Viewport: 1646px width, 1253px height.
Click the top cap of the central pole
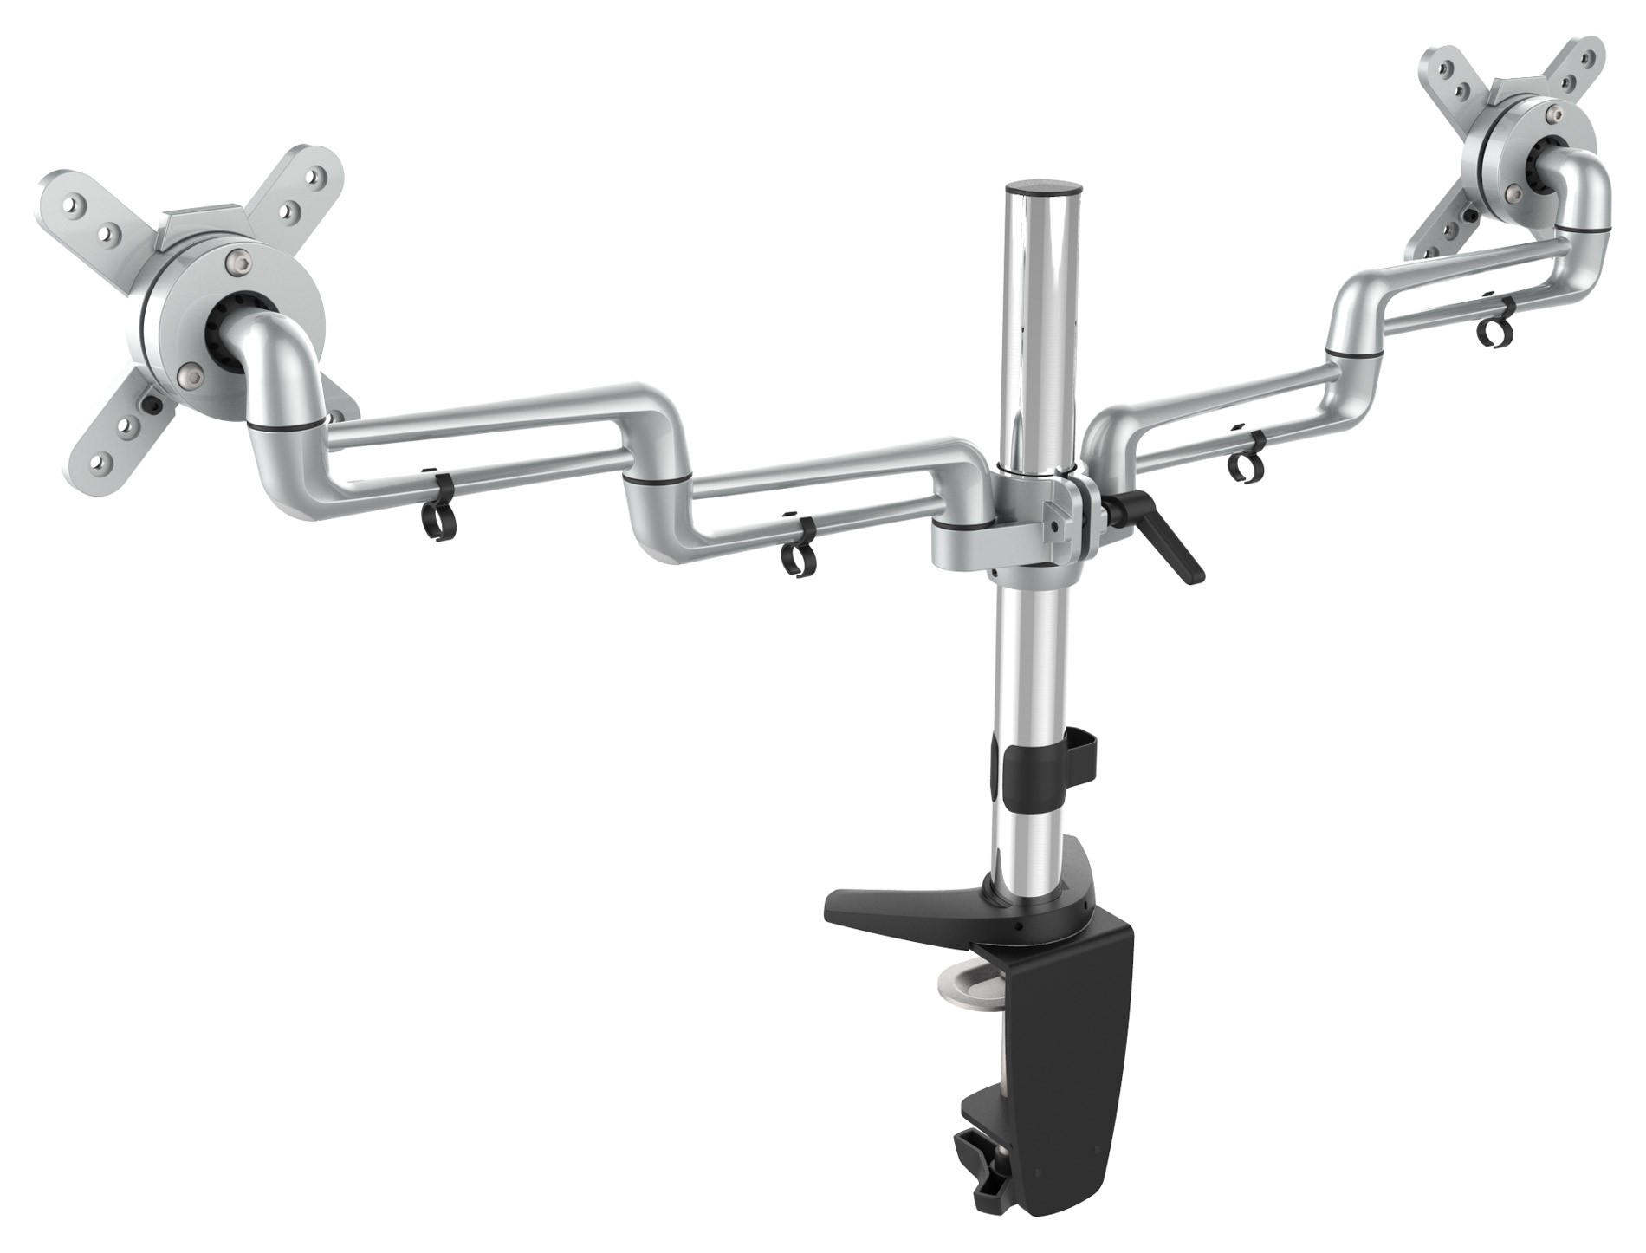[x=1044, y=187]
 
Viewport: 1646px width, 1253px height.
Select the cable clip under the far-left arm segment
[x=438, y=519]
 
